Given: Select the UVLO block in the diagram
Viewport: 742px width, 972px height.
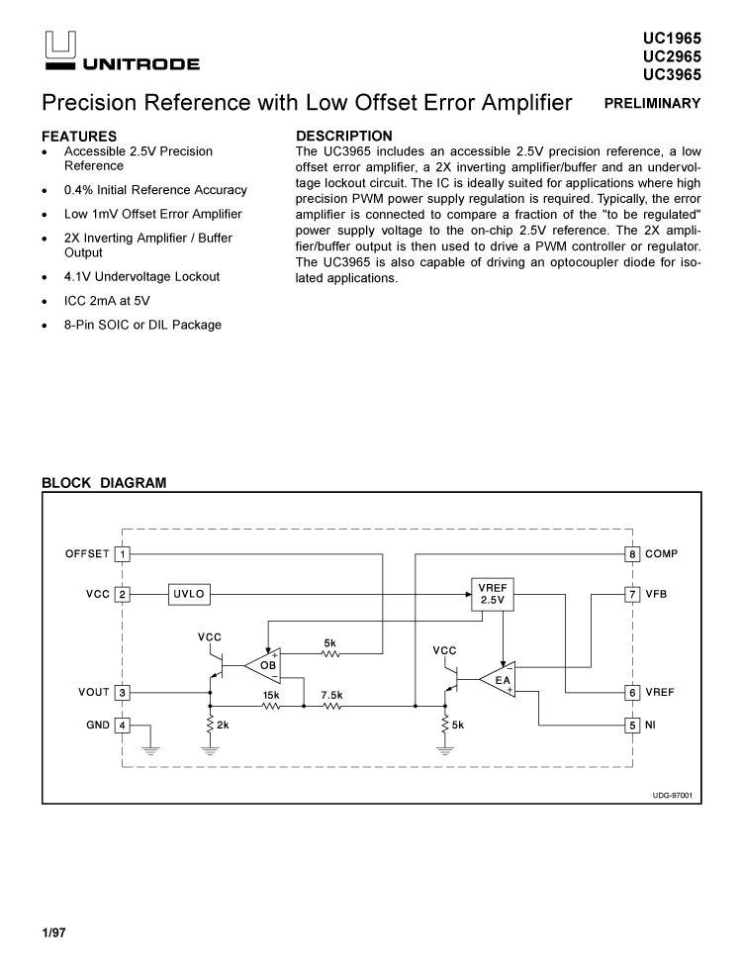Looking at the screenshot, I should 189,594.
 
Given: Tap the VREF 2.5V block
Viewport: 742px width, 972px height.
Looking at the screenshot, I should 492,594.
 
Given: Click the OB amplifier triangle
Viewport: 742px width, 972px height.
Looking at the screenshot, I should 264,665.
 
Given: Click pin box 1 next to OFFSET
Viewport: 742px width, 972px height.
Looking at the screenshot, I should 123,554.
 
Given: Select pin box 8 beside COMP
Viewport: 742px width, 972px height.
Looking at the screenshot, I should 632,554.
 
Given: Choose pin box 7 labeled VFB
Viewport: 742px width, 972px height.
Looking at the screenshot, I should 632,594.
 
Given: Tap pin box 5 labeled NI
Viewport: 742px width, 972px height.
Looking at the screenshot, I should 632,726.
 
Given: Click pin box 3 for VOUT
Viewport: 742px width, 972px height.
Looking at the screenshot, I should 123,693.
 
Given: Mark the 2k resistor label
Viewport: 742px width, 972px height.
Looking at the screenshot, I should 224,726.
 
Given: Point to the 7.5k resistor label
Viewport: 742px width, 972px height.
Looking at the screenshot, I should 331,695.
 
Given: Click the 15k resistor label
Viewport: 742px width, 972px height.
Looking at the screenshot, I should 270,695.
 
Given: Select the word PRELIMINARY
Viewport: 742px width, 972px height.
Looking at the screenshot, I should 653,104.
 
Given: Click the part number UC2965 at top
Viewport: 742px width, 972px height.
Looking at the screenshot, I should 672,56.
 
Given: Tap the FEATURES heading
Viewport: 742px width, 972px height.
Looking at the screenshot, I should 79,136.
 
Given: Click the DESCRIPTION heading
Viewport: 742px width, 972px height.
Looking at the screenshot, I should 344,136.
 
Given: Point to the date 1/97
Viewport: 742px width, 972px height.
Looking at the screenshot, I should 53,932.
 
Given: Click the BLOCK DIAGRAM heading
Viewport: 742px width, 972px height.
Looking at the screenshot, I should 104,482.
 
